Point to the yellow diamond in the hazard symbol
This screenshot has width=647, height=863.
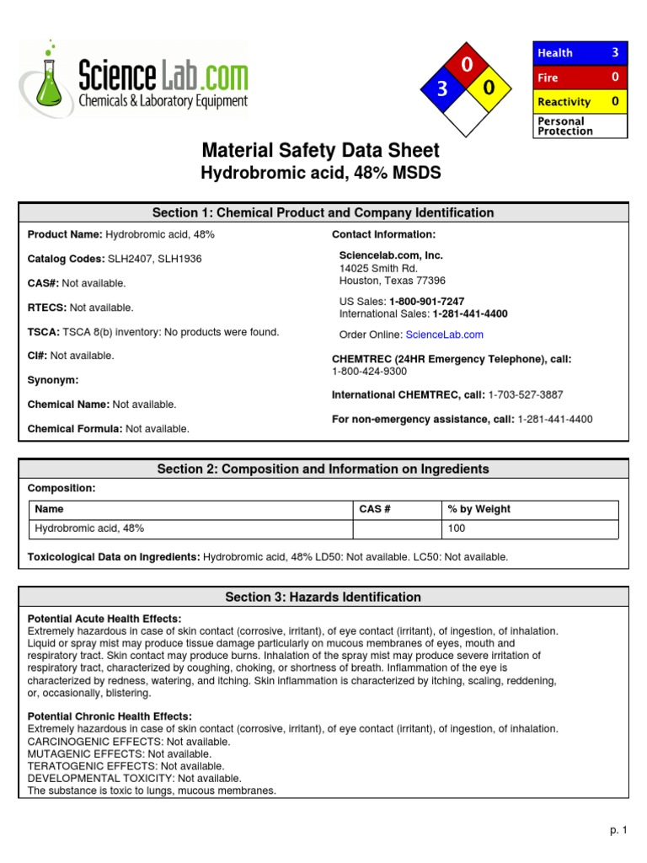point(488,88)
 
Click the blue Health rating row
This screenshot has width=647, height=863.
point(580,52)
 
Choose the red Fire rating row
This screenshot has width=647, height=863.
point(580,77)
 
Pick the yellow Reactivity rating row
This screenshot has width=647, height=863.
point(580,101)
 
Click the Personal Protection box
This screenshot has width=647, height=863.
point(580,126)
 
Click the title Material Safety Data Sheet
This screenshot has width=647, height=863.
point(320,151)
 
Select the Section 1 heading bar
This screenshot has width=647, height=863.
point(323,212)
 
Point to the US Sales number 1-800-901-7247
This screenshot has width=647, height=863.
point(426,301)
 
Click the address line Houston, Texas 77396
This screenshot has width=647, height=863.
point(392,281)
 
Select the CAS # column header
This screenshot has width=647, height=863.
point(375,509)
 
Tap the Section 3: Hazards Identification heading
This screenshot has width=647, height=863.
point(323,597)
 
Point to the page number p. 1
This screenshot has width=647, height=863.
point(619,830)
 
